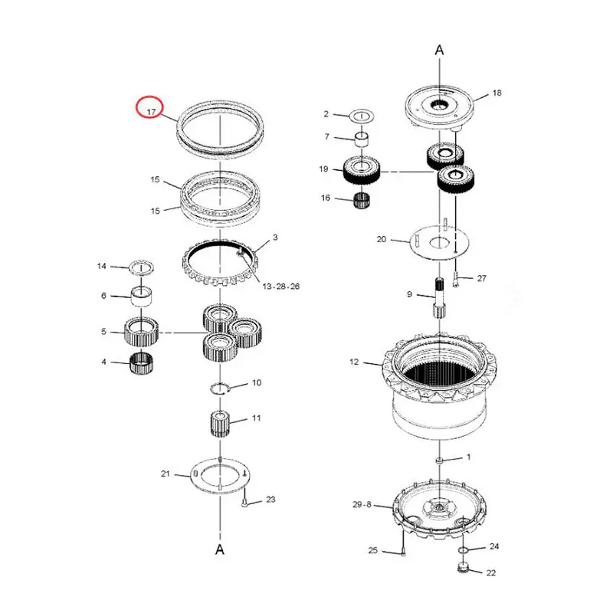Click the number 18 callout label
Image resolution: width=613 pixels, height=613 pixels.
click(x=497, y=93)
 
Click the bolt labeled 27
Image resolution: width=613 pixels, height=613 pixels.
click(x=455, y=280)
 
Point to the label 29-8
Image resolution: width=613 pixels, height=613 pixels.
click(x=362, y=505)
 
